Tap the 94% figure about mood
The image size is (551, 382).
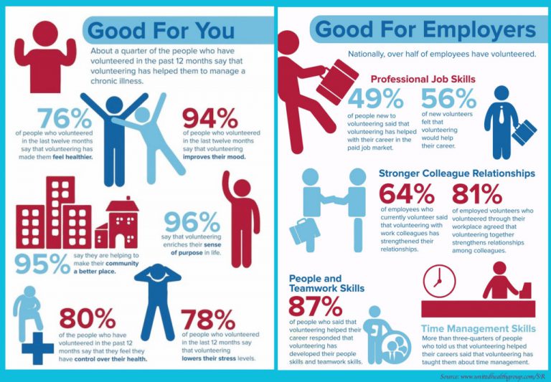click(211, 116)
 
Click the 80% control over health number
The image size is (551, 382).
click(88, 317)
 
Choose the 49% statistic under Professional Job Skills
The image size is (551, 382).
click(375, 99)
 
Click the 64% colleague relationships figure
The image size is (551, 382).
click(406, 194)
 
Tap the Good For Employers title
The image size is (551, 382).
click(425, 30)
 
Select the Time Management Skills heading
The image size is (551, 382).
click(478, 328)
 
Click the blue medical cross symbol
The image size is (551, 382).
click(37, 348)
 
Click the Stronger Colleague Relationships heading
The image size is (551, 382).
click(456, 173)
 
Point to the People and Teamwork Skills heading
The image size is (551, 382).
click(326, 283)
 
